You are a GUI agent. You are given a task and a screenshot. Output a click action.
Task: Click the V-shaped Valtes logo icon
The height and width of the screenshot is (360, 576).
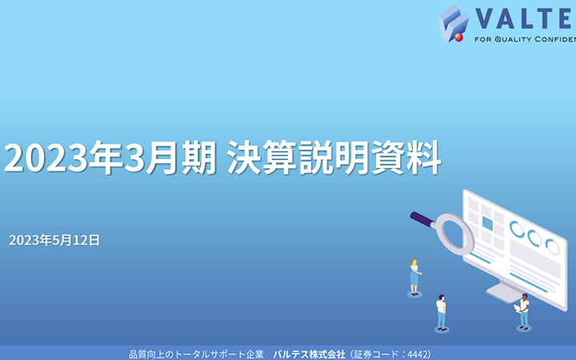click(453, 22)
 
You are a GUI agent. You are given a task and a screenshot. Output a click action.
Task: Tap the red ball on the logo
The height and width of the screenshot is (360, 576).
click(459, 36)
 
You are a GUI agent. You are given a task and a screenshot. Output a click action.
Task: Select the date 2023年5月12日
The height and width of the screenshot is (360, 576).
click(54, 239)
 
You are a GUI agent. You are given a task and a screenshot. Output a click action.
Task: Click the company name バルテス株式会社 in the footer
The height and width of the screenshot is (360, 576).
click(309, 353)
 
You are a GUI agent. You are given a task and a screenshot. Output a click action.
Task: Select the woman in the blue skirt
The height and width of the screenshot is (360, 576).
click(414, 277)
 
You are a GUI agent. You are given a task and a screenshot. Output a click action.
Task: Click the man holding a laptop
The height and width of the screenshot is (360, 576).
click(523, 310)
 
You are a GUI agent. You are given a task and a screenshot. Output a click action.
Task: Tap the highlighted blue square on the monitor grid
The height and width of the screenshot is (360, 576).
click(486, 222)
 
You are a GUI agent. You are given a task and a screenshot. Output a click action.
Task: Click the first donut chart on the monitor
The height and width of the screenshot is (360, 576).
click(517, 230)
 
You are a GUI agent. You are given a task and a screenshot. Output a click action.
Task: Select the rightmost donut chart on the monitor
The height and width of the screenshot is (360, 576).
click(552, 246)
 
